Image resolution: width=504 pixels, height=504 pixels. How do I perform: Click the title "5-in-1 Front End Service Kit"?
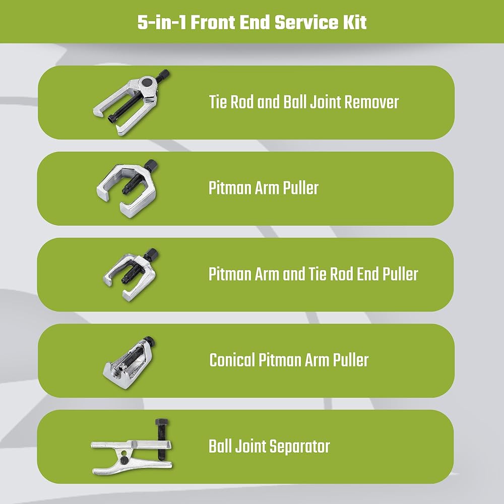pos(252,23)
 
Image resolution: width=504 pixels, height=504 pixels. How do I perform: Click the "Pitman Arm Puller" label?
pos(264,188)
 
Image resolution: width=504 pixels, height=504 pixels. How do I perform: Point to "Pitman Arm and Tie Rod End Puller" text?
pos(313,274)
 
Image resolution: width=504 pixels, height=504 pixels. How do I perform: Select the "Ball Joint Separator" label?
pos(269,446)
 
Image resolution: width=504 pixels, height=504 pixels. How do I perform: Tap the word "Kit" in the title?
pos(354,23)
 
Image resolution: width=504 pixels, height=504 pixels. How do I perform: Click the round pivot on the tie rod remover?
pos(146,81)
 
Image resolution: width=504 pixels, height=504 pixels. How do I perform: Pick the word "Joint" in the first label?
pos(319,102)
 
